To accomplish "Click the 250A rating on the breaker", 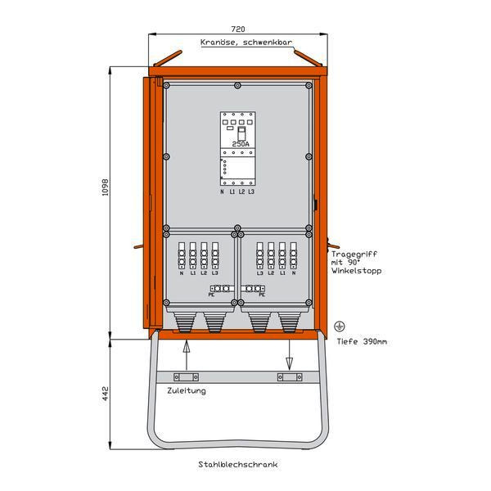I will [x=241, y=143].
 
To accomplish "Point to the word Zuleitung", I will [x=187, y=391].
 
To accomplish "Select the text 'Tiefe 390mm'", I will [x=362, y=340].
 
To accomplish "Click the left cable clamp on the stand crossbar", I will [x=185, y=377].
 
